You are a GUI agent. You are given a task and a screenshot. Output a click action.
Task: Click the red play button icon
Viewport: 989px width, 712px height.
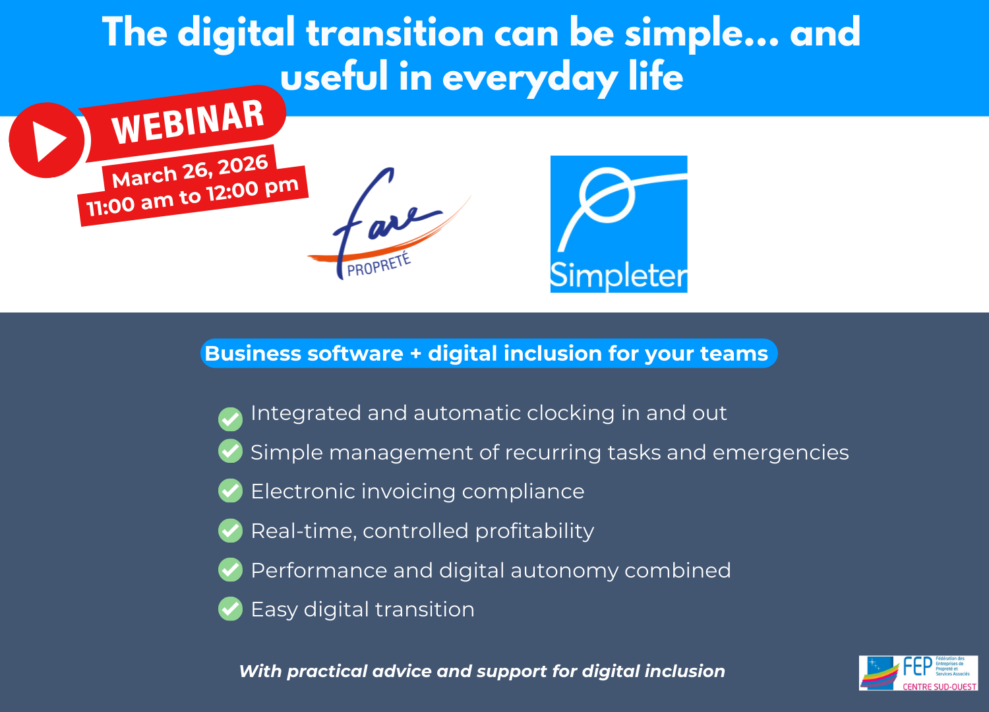(x=46, y=140)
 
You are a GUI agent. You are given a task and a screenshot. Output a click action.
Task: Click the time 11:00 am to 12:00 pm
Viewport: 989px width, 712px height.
(x=193, y=197)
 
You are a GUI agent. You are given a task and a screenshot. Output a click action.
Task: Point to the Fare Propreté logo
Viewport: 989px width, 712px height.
(x=386, y=224)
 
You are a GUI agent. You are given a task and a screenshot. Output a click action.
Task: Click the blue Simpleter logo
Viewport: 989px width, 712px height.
(x=618, y=224)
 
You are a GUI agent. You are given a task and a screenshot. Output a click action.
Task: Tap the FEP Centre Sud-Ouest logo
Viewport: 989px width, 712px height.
(x=918, y=673)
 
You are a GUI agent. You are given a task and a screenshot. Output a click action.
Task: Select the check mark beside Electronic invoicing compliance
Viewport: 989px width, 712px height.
(x=230, y=490)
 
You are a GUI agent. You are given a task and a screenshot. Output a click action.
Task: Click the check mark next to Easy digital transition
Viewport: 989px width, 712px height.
(x=230, y=608)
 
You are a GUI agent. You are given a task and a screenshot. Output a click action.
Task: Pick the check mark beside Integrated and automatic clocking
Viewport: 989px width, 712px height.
(x=230, y=418)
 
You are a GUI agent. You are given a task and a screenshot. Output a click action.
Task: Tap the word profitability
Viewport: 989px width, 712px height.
(x=534, y=531)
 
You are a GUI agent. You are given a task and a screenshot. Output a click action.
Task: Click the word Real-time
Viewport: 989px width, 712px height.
(x=303, y=531)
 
